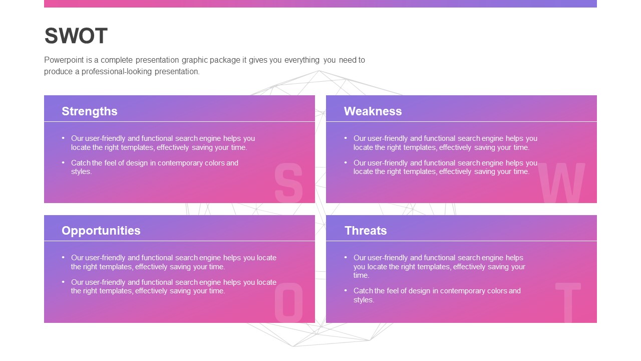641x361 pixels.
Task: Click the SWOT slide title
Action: (76, 36)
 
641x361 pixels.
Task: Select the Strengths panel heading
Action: (90, 111)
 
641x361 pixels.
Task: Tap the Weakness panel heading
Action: (373, 111)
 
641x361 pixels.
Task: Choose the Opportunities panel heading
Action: (101, 231)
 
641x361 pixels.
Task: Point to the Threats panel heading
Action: (366, 231)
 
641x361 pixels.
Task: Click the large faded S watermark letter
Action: (288, 183)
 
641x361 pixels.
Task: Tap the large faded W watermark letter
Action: (561, 183)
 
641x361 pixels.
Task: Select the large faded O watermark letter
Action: (289, 302)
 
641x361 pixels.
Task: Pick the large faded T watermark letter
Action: (568, 302)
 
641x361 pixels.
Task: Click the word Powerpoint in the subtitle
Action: (64, 60)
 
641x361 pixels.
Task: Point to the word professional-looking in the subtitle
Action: (117, 72)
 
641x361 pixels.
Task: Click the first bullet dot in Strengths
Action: (63, 138)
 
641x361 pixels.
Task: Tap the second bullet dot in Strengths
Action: (63, 162)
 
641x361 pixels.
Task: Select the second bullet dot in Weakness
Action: (346, 162)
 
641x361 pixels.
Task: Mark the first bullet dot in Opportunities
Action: (63, 257)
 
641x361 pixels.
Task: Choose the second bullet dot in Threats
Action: (346, 290)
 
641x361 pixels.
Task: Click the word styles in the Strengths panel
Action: (81, 171)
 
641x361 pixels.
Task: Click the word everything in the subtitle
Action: (302, 60)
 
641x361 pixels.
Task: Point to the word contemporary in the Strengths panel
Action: (178, 163)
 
